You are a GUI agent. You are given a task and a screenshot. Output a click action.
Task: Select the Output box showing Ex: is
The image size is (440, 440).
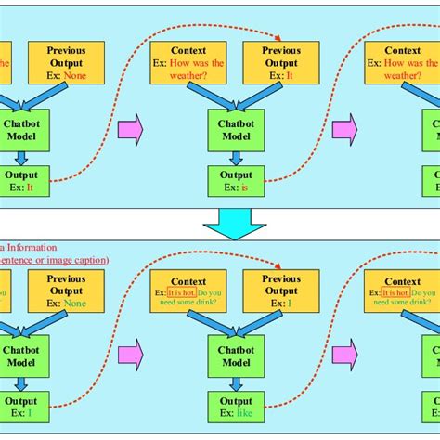pos(236,181)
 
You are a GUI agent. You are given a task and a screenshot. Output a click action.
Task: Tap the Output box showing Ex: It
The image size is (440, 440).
pos(22,181)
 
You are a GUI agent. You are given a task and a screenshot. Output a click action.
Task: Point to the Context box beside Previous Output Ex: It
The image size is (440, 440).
pos(188,62)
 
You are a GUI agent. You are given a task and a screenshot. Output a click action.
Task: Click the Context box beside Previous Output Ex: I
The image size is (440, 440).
pos(188,291)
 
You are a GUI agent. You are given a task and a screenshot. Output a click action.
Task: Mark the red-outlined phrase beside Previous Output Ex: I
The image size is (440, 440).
pos(183,292)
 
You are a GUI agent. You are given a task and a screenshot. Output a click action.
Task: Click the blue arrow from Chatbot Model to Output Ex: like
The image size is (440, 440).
pos(236,386)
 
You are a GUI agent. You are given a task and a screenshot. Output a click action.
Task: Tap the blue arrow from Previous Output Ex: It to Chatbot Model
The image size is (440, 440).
pos(261,95)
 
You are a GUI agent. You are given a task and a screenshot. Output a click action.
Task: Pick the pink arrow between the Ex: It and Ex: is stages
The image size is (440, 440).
pos(131,129)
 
